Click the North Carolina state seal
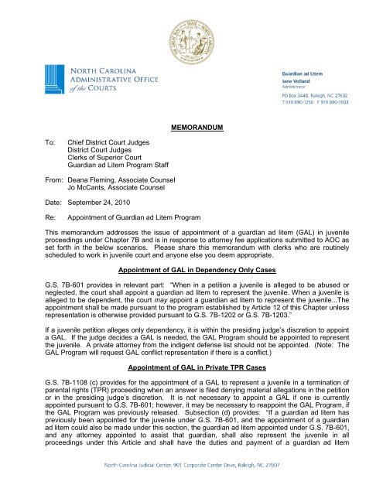pyautogui.click(x=190, y=37)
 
